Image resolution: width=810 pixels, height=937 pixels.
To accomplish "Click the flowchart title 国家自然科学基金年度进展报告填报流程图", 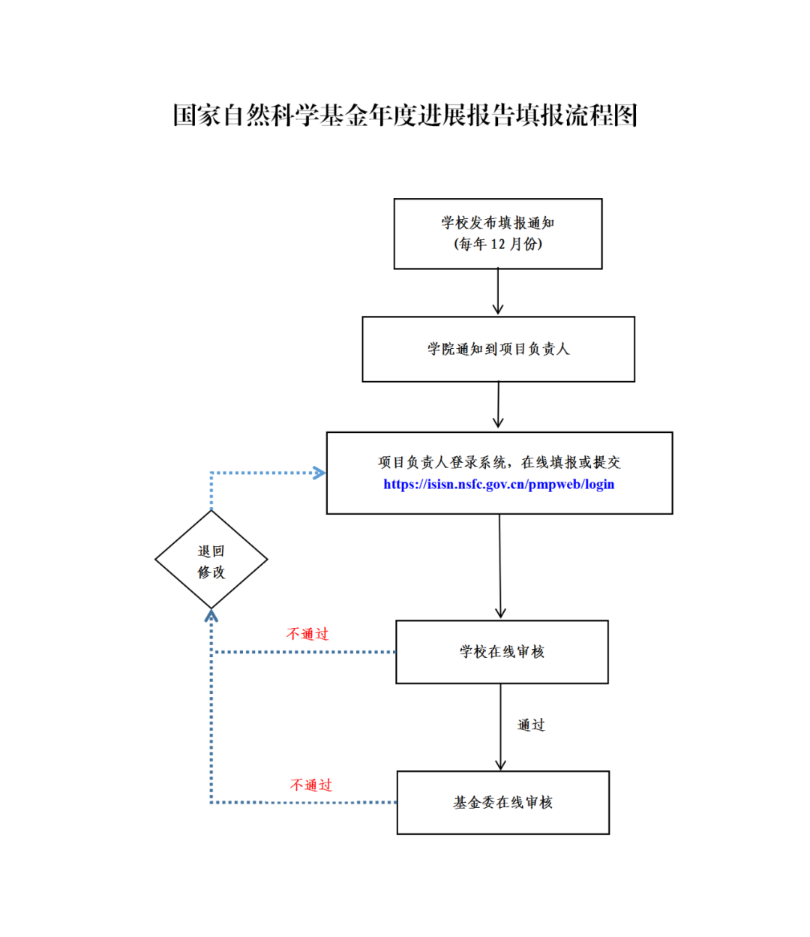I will (405, 116).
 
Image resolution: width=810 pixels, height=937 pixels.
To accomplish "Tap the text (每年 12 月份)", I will (498, 245).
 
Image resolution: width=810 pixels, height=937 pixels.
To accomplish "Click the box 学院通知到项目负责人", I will (498, 349).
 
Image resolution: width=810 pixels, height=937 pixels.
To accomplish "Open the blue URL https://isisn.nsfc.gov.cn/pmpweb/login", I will (499, 485).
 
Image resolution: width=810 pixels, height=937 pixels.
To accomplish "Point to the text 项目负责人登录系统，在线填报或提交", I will (499, 462).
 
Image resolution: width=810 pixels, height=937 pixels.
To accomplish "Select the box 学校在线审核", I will (502, 652).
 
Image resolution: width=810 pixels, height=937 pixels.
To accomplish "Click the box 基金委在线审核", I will (502, 803).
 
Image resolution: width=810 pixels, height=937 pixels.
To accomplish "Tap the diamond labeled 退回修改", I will (211, 560).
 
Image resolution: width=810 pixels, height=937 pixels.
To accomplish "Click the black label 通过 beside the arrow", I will (531, 725).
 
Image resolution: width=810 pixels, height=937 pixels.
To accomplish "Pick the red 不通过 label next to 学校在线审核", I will (307, 634).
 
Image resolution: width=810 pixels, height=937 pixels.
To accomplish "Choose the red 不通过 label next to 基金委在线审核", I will (311, 785).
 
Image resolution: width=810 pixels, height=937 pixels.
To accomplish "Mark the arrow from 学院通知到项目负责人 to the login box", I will (499, 406).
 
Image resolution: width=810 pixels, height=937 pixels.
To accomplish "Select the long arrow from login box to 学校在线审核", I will (500, 566).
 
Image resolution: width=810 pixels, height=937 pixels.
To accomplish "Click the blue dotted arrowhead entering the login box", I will (319, 473).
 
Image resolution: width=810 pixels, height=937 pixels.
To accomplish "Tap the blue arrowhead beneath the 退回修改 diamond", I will (211, 616).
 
